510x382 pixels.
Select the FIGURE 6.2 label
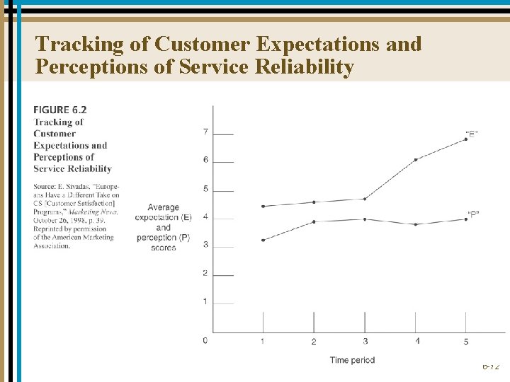click(60, 110)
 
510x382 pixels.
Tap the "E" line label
click(472, 133)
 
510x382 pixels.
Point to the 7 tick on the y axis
click(205, 132)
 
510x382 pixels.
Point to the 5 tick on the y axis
click(205, 189)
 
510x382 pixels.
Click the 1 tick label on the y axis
click(205, 302)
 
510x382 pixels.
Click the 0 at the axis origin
click(205, 340)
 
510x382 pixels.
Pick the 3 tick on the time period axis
click(365, 341)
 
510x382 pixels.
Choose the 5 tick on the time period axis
click(466, 342)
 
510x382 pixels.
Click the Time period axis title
click(352, 360)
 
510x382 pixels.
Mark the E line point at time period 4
click(416, 160)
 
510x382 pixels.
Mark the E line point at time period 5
click(466, 139)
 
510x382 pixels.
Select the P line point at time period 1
click(263, 241)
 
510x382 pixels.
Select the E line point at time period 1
click(263, 207)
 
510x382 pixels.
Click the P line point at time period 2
click(314, 221)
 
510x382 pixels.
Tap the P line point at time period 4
click(416, 224)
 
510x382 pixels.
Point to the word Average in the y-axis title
click(164, 207)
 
